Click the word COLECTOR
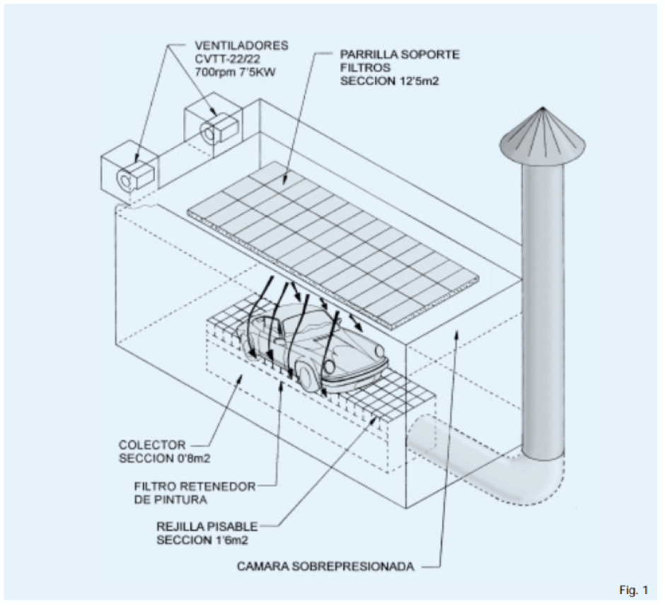(x=153, y=445)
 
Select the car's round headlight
(x=380, y=350)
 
